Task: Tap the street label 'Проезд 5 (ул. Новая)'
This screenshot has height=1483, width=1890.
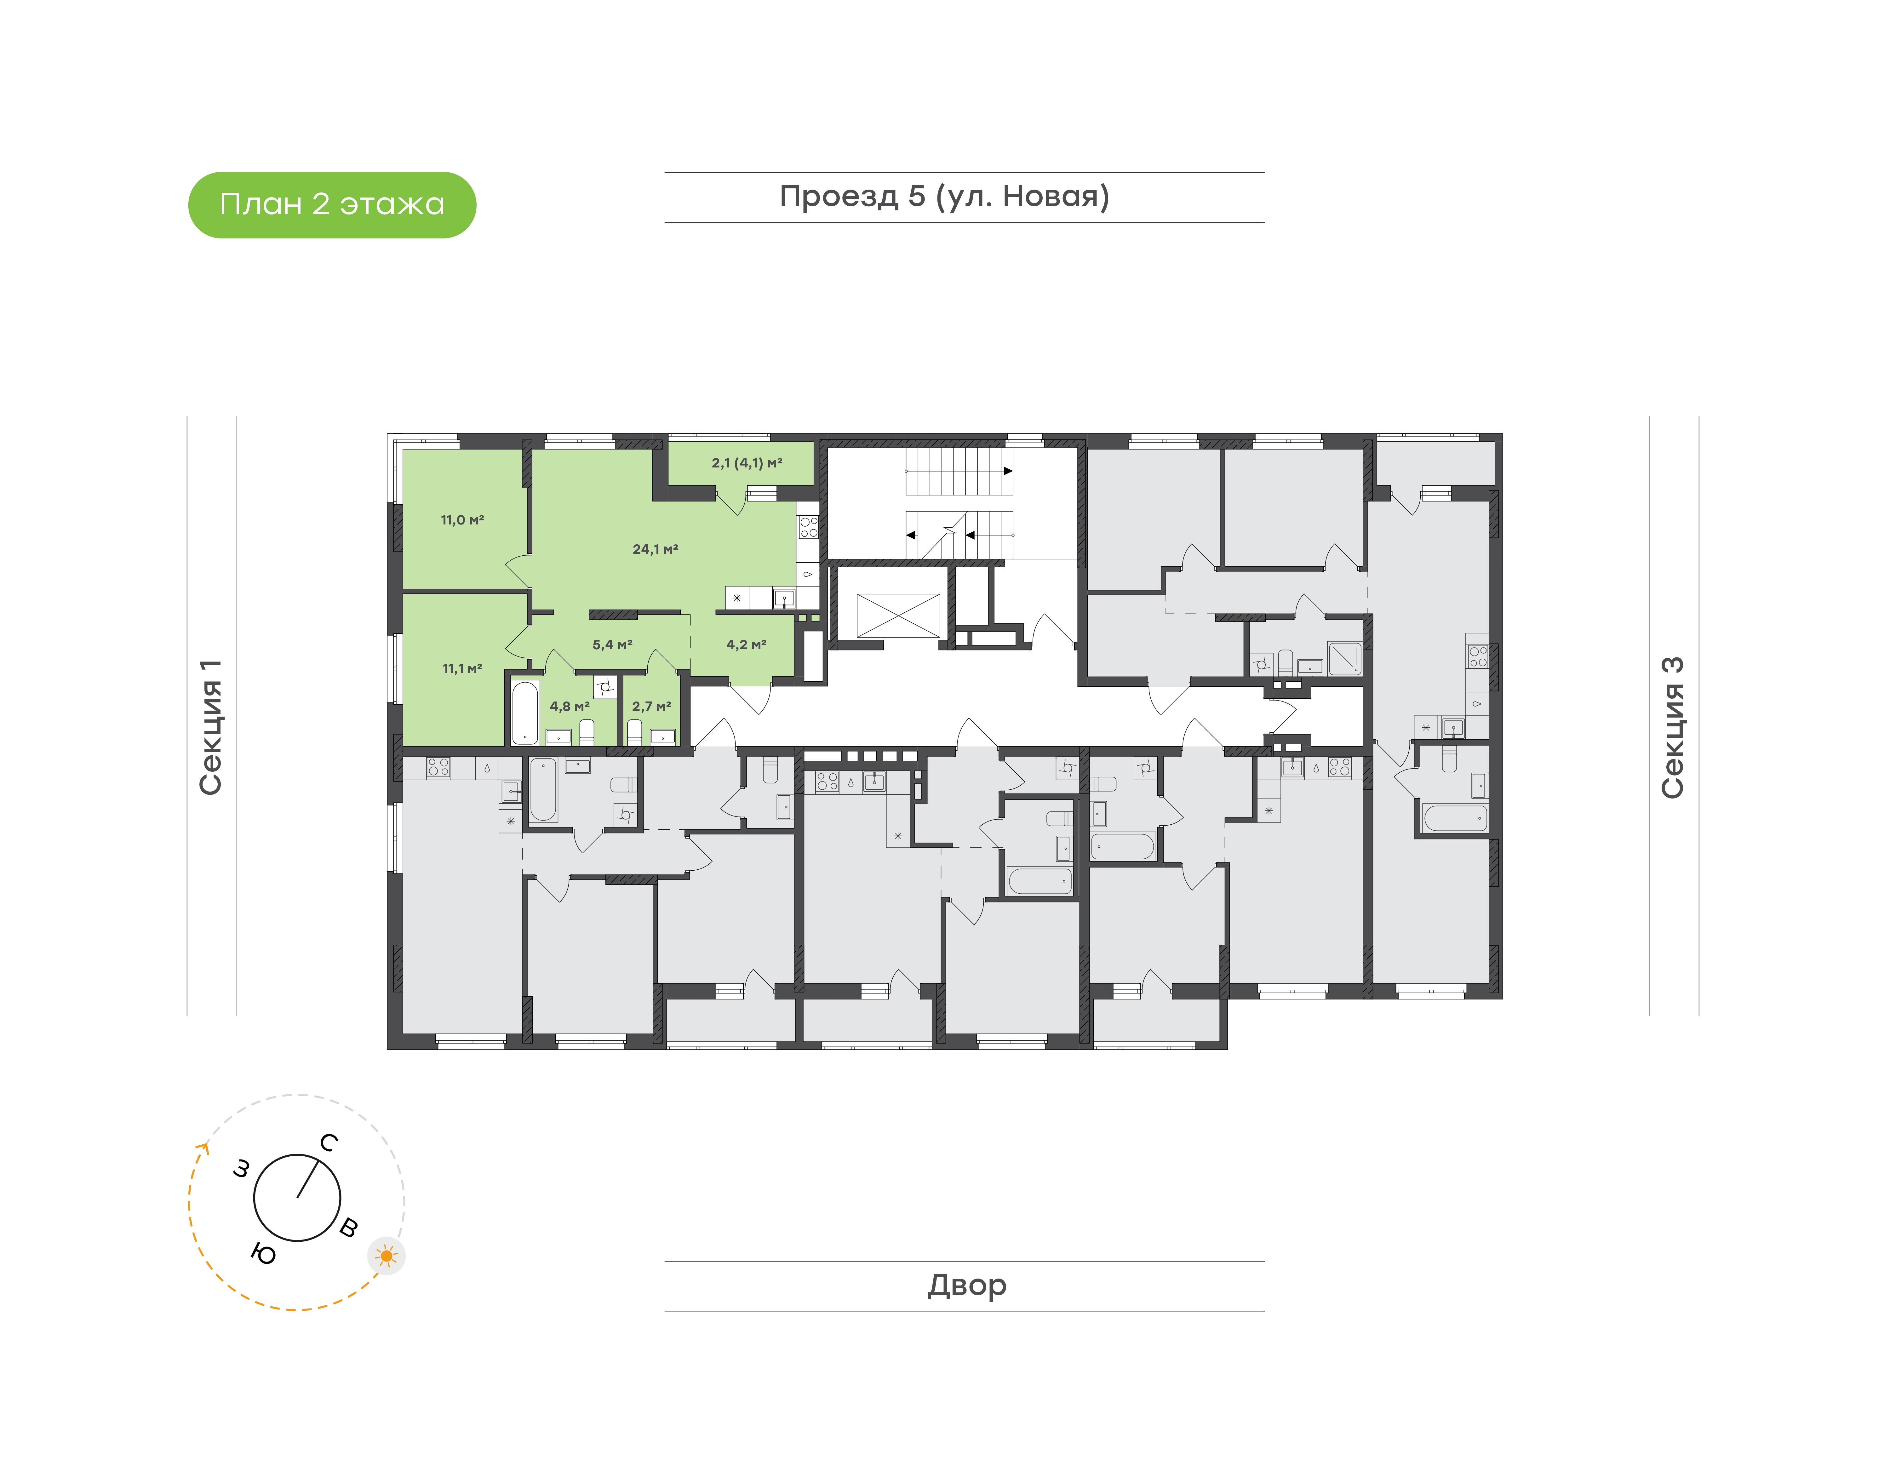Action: point(945,197)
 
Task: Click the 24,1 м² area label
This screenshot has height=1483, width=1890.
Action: point(656,549)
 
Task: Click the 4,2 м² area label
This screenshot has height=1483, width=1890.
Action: point(747,644)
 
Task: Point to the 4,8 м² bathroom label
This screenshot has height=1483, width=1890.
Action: point(570,707)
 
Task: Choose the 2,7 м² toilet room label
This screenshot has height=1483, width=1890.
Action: point(651,707)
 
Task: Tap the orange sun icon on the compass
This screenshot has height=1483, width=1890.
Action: point(386,1256)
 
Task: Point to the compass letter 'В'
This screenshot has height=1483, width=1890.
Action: point(348,1227)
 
